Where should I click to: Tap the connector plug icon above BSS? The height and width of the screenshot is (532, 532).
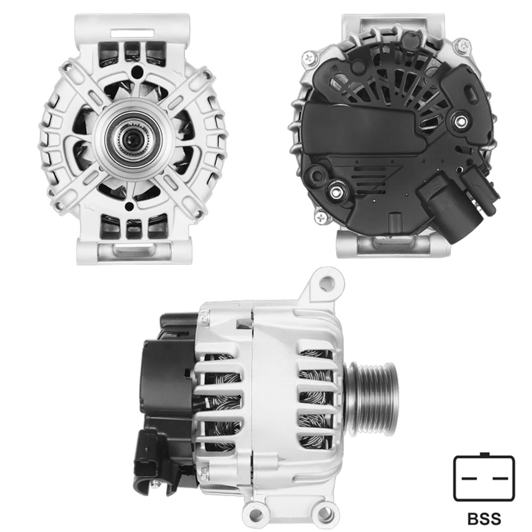click(484, 478)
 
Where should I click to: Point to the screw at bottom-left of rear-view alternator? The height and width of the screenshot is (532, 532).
click(321, 217)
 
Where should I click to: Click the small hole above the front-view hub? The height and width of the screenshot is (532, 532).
click(139, 71)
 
